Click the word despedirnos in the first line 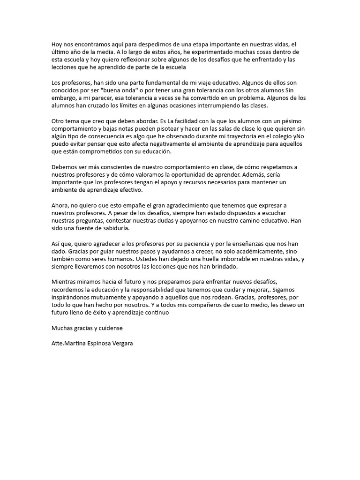pyautogui.click(x=142, y=44)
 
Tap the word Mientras pyautogui.click(x=65, y=282)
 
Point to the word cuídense pyautogui.click(x=109, y=328)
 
